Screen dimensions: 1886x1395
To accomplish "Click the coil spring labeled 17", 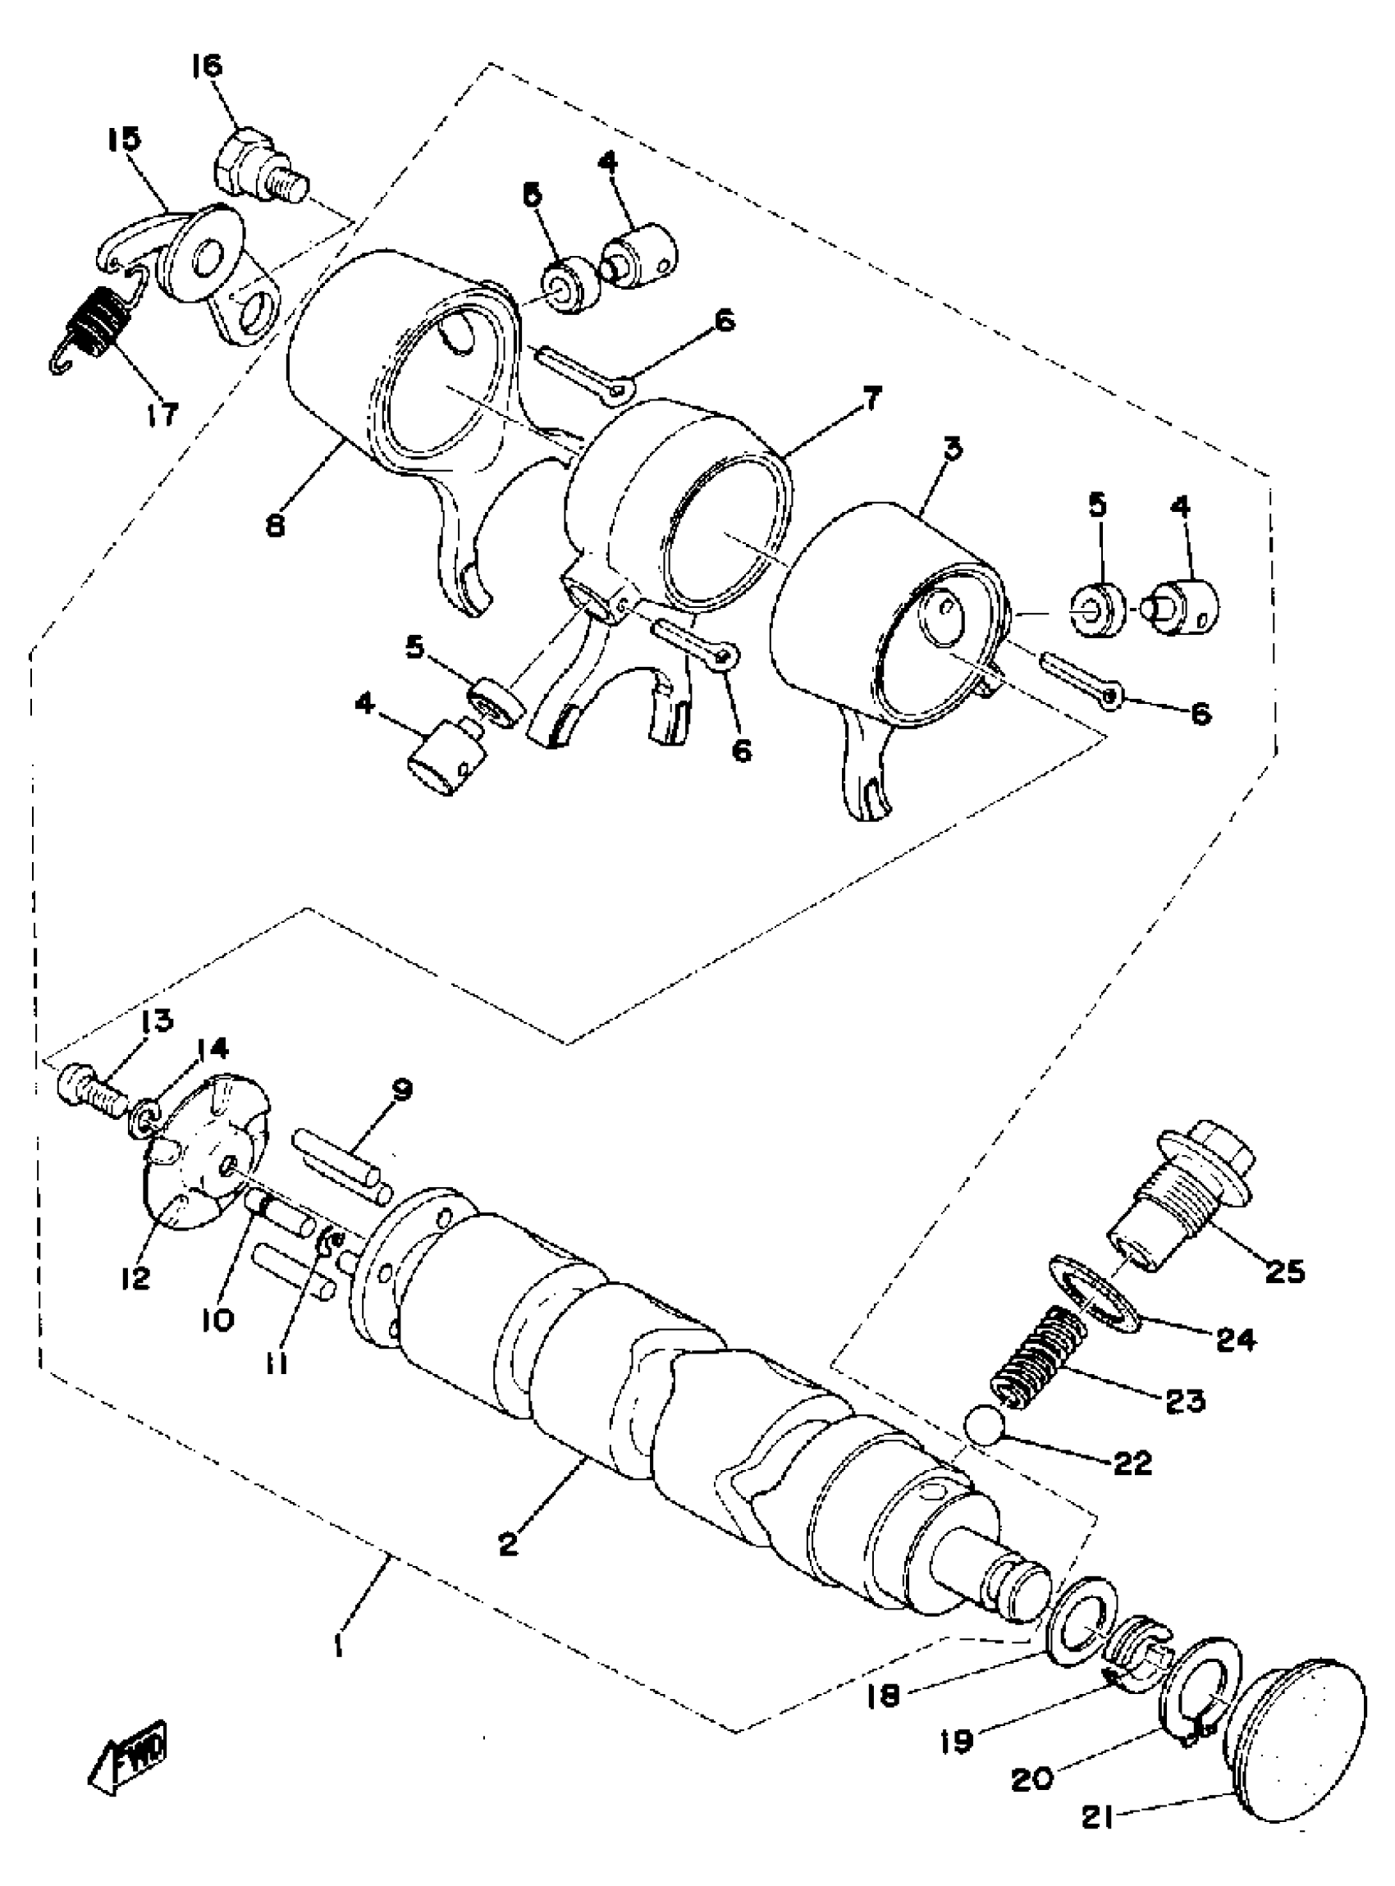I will [96, 322].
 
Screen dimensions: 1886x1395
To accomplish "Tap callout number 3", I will [953, 450].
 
